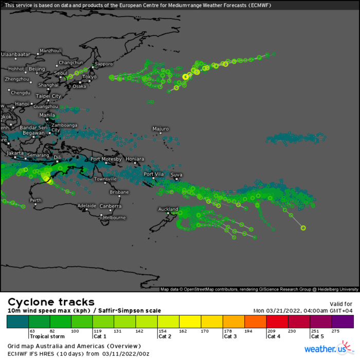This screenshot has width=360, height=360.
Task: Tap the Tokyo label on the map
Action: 89,77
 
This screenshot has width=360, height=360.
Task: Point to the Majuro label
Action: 160,129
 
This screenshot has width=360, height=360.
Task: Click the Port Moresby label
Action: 106,159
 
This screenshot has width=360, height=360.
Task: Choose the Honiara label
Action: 135,159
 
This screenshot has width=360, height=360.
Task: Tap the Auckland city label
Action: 168,209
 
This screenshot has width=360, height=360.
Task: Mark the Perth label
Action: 35,200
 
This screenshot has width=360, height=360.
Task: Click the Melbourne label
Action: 114,218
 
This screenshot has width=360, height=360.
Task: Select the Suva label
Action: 176,175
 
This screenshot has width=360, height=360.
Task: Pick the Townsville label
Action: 106,179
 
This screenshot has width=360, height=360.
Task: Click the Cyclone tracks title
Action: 51,302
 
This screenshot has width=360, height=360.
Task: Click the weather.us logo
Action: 325,350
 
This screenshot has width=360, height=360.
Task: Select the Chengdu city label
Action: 21,93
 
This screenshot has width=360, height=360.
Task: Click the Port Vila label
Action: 154,174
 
